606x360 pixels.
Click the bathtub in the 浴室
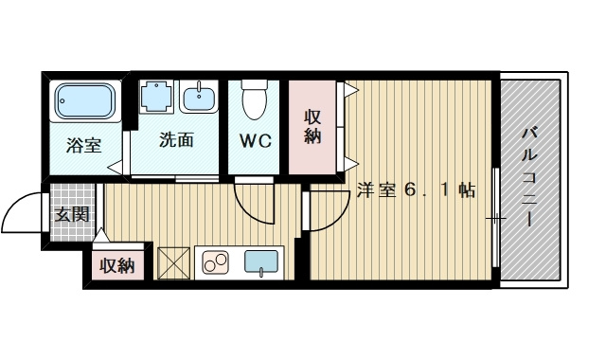pyautogui.click(x=84, y=100)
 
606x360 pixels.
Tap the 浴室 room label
pyautogui.click(x=83, y=146)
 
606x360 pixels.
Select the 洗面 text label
pyautogui.click(x=176, y=140)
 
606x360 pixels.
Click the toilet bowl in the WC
pyautogui.click(x=255, y=97)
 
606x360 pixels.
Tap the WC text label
pyautogui.click(x=255, y=142)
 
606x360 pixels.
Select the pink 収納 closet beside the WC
pyautogui.click(x=312, y=128)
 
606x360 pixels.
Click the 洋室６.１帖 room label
pyautogui.click(x=416, y=190)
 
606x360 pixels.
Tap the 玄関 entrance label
pyautogui.click(x=71, y=214)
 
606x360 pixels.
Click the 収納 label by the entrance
pyautogui.click(x=117, y=265)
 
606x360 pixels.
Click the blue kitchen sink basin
pyautogui.click(x=263, y=261)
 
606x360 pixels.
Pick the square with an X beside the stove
pyautogui.click(x=173, y=261)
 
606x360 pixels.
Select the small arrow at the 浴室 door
pyautogui.click(x=114, y=169)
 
